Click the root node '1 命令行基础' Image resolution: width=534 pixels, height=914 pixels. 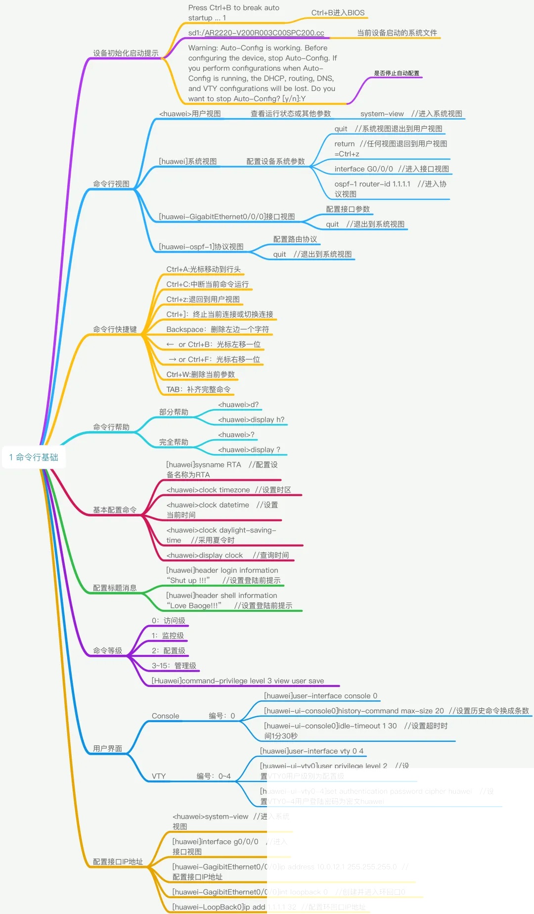tap(34, 457)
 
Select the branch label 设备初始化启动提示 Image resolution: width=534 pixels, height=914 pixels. tap(126, 53)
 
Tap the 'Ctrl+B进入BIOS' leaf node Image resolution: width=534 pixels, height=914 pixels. tap(338, 12)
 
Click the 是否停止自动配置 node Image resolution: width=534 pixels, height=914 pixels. tap(397, 73)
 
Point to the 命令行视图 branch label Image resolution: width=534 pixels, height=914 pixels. tap(111, 184)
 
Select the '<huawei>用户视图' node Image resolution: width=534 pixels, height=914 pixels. tap(190, 114)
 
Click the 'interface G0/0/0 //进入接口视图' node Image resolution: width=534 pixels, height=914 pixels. tap(392, 169)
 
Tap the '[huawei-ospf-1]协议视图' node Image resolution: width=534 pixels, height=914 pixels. tap(201, 247)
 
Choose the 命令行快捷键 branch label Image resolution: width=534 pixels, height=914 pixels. tap(115, 329)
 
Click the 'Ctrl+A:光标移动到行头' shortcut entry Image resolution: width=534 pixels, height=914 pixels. tap(204, 270)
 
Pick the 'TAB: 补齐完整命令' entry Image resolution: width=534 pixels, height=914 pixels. tap(198, 390)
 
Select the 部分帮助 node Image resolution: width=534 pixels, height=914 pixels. tap(174, 412)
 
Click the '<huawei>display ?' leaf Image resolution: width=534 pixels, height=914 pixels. tap(249, 450)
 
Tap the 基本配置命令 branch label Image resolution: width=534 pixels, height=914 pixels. tap(115, 510)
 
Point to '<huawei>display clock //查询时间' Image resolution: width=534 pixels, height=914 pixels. tap(227, 555)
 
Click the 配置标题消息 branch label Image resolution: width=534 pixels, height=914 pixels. tap(115, 588)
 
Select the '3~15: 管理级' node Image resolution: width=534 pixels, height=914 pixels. tap(174, 666)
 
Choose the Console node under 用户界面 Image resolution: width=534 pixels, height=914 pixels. tap(166, 716)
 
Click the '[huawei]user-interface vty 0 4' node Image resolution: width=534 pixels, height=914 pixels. tap(311, 751)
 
